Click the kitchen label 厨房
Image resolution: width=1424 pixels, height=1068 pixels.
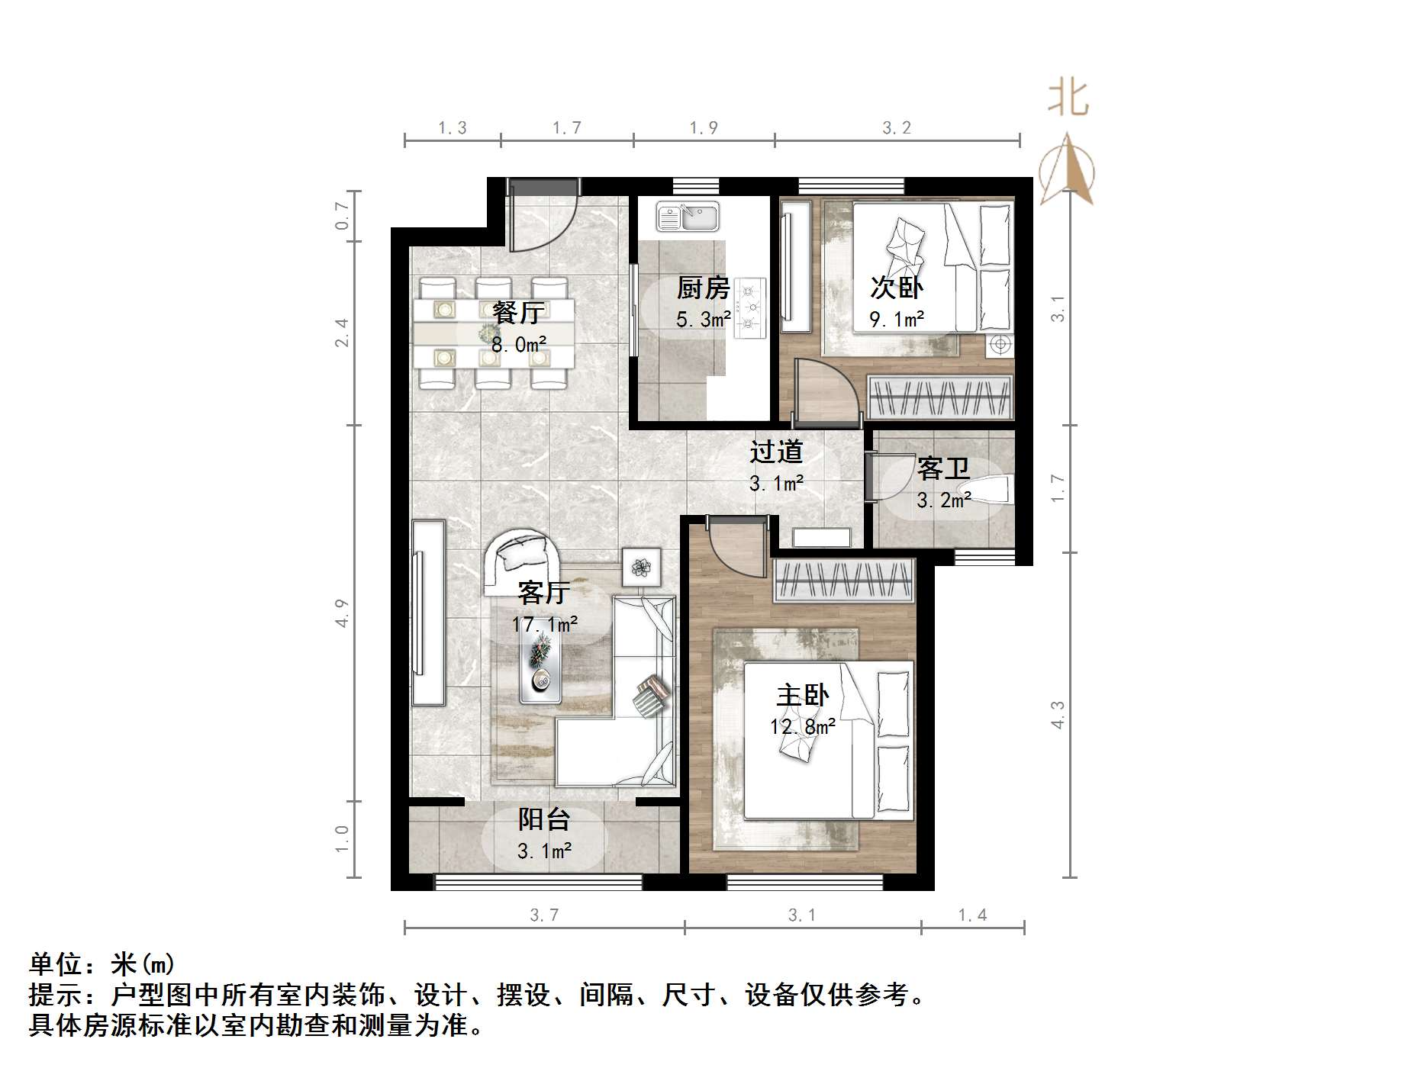coord(703,288)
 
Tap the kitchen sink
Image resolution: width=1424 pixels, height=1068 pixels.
coord(688,217)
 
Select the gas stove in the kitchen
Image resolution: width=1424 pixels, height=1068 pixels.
coord(749,307)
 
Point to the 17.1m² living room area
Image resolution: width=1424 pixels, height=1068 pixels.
coord(544,625)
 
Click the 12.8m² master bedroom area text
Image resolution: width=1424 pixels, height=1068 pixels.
coord(802,726)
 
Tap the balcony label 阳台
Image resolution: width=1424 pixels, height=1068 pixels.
coord(544,819)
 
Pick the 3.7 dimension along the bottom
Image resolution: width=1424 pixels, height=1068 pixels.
coord(544,915)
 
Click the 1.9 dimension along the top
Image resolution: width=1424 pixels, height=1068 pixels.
coord(703,128)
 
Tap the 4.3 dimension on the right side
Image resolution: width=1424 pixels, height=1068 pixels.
coord(1058,714)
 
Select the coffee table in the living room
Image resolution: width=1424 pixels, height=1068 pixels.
coord(540,667)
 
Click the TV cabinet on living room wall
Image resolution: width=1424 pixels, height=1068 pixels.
coord(428,613)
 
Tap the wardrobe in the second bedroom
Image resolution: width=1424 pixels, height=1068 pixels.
coord(940,397)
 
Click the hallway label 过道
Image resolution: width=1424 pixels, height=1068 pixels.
coord(776,452)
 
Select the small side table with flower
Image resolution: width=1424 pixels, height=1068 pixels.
coord(641,567)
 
